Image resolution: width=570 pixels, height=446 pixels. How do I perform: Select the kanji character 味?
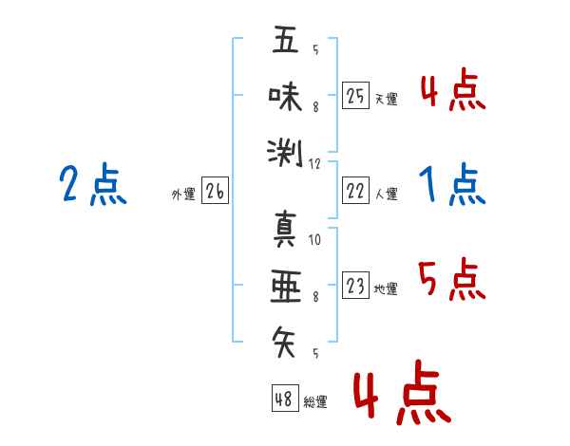pyautogui.click(x=285, y=96)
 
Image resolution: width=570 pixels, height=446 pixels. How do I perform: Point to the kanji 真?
pyautogui.click(x=285, y=231)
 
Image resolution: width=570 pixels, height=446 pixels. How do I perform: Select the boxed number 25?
pyautogui.click(x=355, y=96)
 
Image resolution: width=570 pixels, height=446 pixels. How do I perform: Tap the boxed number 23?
pyautogui.click(x=355, y=286)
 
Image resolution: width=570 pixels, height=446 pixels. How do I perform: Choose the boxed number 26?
pyautogui.click(x=215, y=193)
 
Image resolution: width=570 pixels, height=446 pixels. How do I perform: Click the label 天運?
pyautogui.click(x=386, y=99)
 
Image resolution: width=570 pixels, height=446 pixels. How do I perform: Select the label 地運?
pyautogui.click(x=386, y=288)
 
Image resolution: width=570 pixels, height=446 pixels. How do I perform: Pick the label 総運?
pyautogui.click(x=315, y=401)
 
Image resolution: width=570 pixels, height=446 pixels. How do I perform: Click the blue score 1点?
pyautogui.click(x=452, y=184)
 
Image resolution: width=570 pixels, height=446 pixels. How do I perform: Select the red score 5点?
pyautogui.click(x=452, y=278)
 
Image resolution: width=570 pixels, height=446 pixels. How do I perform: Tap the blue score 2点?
pyautogui.click(x=92, y=184)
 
